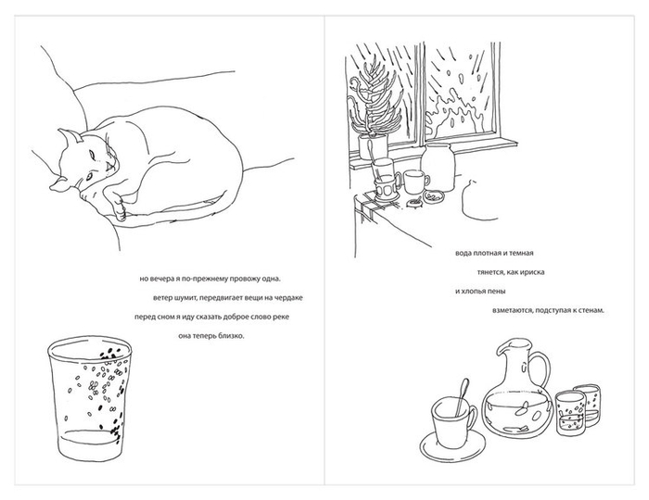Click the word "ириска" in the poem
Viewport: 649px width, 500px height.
(x=532, y=272)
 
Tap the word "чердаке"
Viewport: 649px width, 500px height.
(x=290, y=298)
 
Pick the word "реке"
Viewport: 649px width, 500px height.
(x=282, y=317)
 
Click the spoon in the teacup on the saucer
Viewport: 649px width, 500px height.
(x=463, y=397)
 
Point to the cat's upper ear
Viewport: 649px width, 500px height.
(x=70, y=136)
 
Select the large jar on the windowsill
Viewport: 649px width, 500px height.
(x=439, y=168)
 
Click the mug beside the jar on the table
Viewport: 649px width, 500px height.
(x=416, y=181)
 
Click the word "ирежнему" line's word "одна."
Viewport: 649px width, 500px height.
(x=271, y=279)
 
